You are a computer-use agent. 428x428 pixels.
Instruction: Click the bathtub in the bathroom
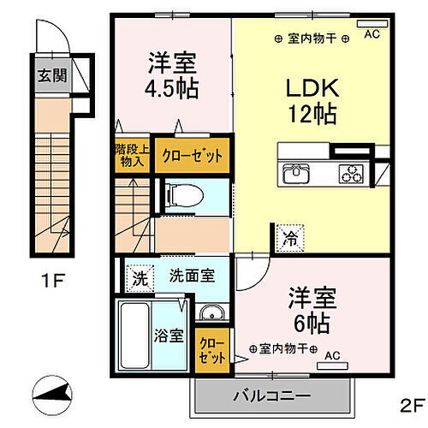point(135,338)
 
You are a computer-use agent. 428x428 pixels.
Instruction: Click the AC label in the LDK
point(372,34)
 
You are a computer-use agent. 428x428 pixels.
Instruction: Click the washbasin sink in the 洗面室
point(211,311)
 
